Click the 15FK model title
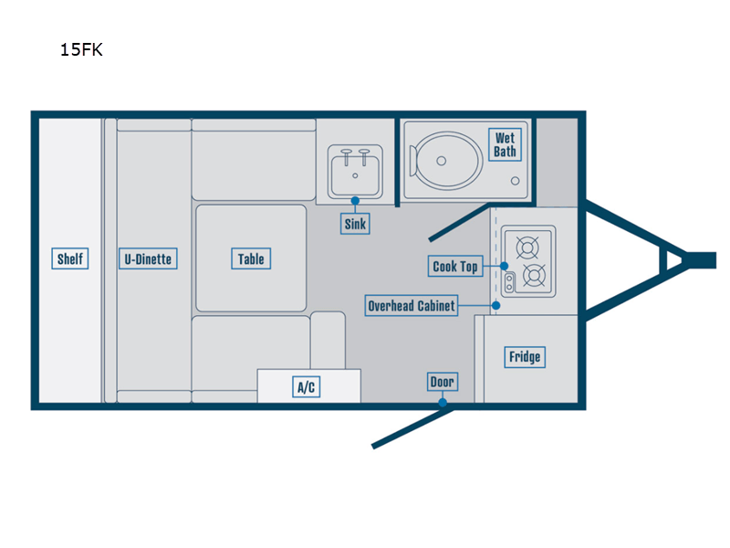coord(81,50)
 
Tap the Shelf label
coord(70,259)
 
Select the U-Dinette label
coord(148,259)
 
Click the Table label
coord(251,259)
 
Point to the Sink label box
coord(355,224)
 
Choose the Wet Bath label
coord(505,144)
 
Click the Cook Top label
coord(455,267)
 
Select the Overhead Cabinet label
coord(411,306)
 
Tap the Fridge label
coord(525,357)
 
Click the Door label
coord(443,382)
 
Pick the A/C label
coord(307,387)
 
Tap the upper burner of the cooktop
coord(527,247)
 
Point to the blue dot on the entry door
coord(443,402)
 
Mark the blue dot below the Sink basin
coord(355,200)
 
